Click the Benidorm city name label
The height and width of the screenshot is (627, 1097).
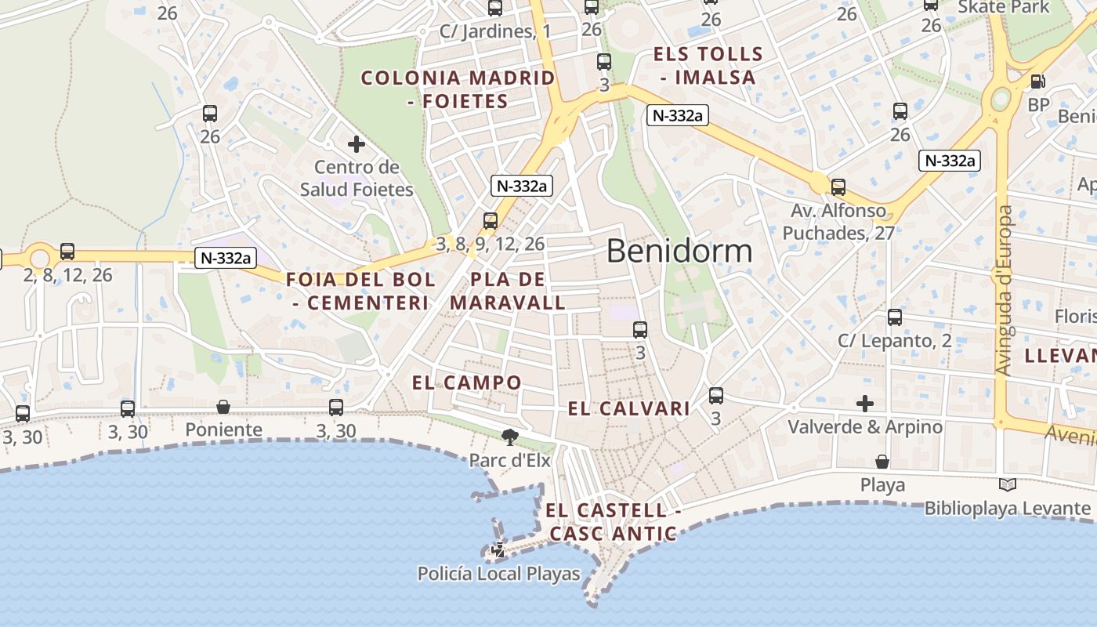point(679,251)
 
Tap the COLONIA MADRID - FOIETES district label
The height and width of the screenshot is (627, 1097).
point(458,89)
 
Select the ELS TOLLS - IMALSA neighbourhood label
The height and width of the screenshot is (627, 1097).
point(708,66)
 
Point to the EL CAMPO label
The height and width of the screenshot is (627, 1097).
point(467,382)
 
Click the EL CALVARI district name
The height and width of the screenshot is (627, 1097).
point(628,408)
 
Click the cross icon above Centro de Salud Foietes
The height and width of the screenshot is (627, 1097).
point(357,144)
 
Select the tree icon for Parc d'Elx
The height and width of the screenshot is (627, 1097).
point(510,437)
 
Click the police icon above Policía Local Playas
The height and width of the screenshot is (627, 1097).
point(498,550)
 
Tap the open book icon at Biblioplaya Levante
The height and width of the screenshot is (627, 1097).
point(1008,485)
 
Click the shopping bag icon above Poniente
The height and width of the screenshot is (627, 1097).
point(223,407)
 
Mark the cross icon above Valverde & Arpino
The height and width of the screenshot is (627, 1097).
point(865,404)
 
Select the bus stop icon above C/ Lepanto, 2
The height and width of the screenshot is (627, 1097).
point(895,317)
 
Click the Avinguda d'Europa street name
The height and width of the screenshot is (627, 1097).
point(1004,290)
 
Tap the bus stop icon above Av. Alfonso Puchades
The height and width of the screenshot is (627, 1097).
point(838,187)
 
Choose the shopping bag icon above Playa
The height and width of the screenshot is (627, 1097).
point(882,462)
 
